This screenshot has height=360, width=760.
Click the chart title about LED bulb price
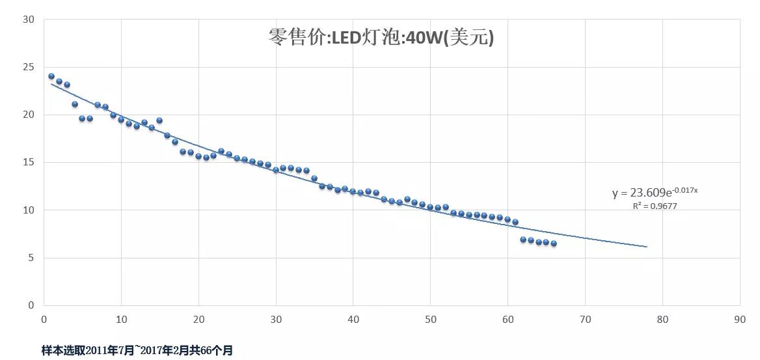click(x=381, y=37)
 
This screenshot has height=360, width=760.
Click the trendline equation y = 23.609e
click(x=655, y=193)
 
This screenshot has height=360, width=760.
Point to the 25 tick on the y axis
click(x=29, y=67)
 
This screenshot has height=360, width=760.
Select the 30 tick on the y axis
click(x=29, y=20)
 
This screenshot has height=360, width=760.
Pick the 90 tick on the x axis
click(x=740, y=320)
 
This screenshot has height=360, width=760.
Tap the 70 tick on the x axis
click(x=585, y=320)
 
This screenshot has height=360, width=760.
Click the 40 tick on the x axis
click(x=353, y=320)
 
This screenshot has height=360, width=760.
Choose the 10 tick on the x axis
click(x=121, y=320)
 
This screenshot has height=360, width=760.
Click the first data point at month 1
click(x=51, y=76)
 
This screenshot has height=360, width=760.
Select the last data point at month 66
click(x=554, y=243)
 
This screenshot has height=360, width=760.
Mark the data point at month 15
click(x=159, y=120)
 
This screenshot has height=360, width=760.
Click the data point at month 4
click(x=75, y=104)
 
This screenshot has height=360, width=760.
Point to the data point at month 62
click(x=523, y=240)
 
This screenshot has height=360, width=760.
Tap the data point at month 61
click(x=515, y=222)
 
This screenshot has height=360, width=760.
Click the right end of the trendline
click(x=647, y=247)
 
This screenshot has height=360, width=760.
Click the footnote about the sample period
click(x=137, y=350)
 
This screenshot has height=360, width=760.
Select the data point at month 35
click(x=314, y=178)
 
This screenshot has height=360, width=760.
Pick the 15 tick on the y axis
click(x=29, y=162)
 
